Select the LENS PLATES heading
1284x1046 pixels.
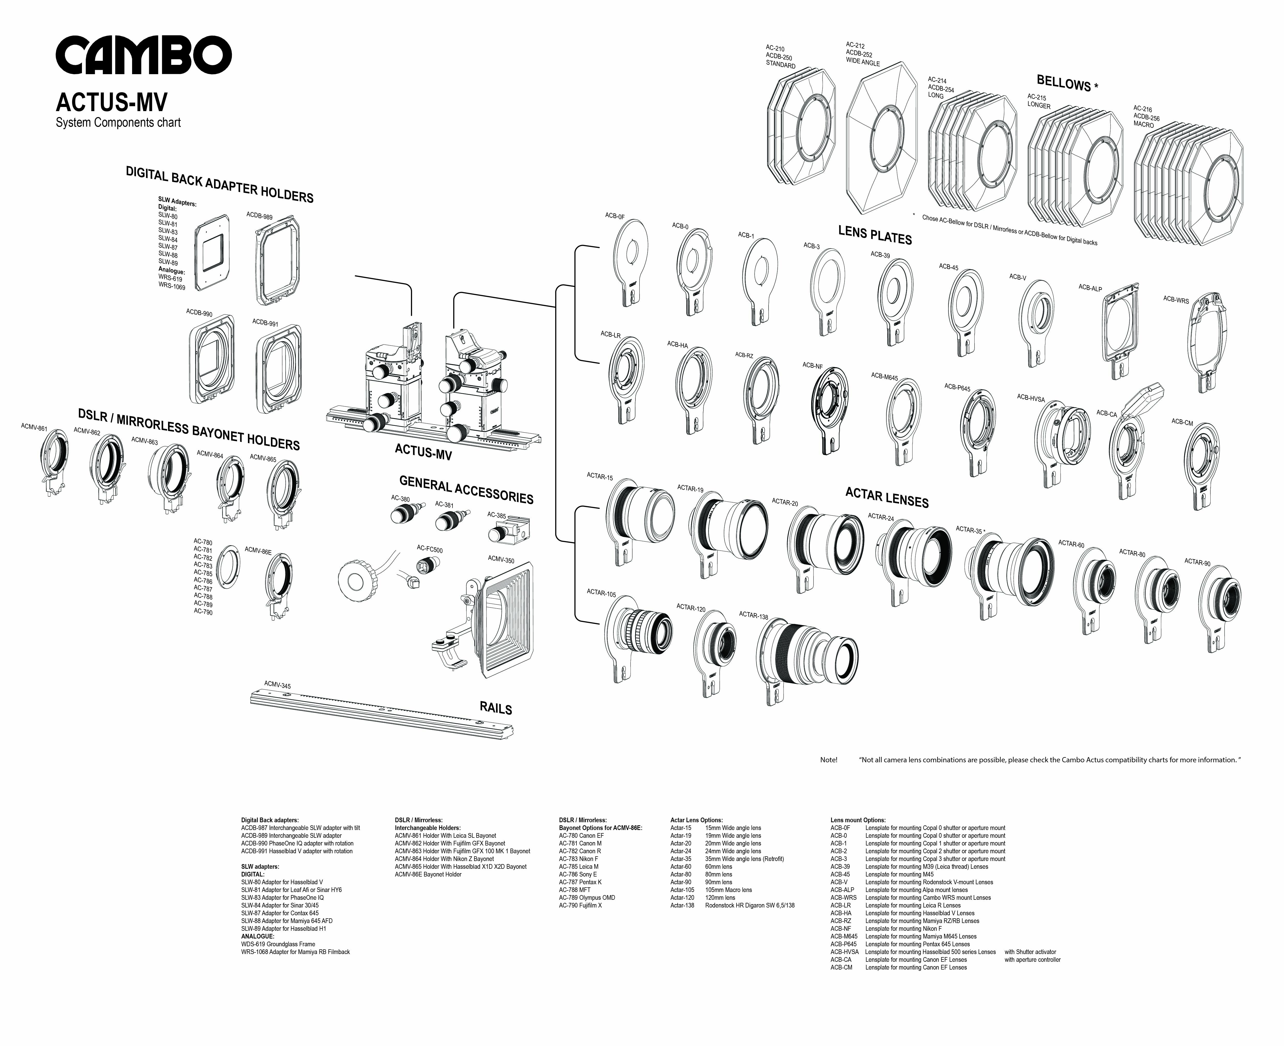[x=875, y=234]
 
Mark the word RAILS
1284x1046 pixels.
[x=496, y=708]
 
